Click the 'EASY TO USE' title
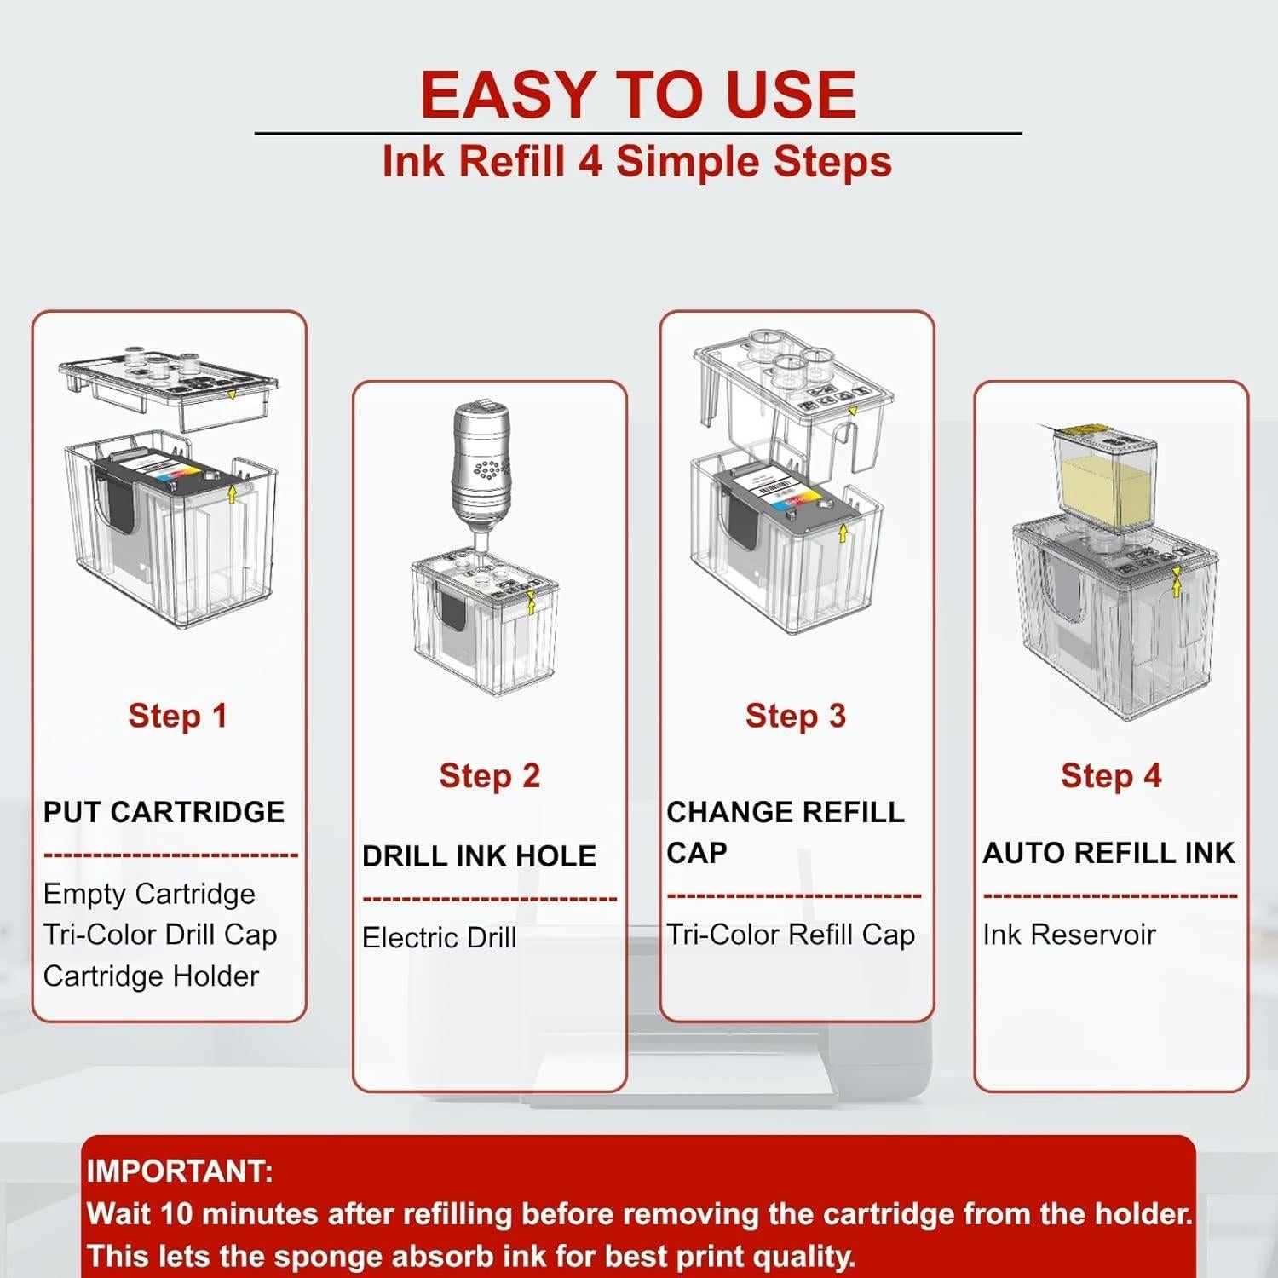tap(638, 94)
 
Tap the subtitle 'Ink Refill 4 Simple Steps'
tap(637, 161)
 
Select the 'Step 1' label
tap(178, 716)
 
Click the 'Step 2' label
tap(490, 775)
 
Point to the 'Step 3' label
tap(796, 716)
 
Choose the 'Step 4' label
tap(1111, 775)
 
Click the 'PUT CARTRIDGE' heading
tap(164, 812)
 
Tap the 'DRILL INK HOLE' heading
tap(479, 856)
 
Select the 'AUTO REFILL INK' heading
tap(1108, 853)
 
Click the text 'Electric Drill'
tap(440, 937)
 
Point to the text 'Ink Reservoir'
tap(1069, 935)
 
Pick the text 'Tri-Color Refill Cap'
tap(791, 935)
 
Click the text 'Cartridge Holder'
tap(151, 976)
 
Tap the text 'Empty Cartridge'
tap(149, 894)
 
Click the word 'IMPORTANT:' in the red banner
tap(180, 1171)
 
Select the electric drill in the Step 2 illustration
tap(481, 473)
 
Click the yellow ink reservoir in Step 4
tap(1105, 481)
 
